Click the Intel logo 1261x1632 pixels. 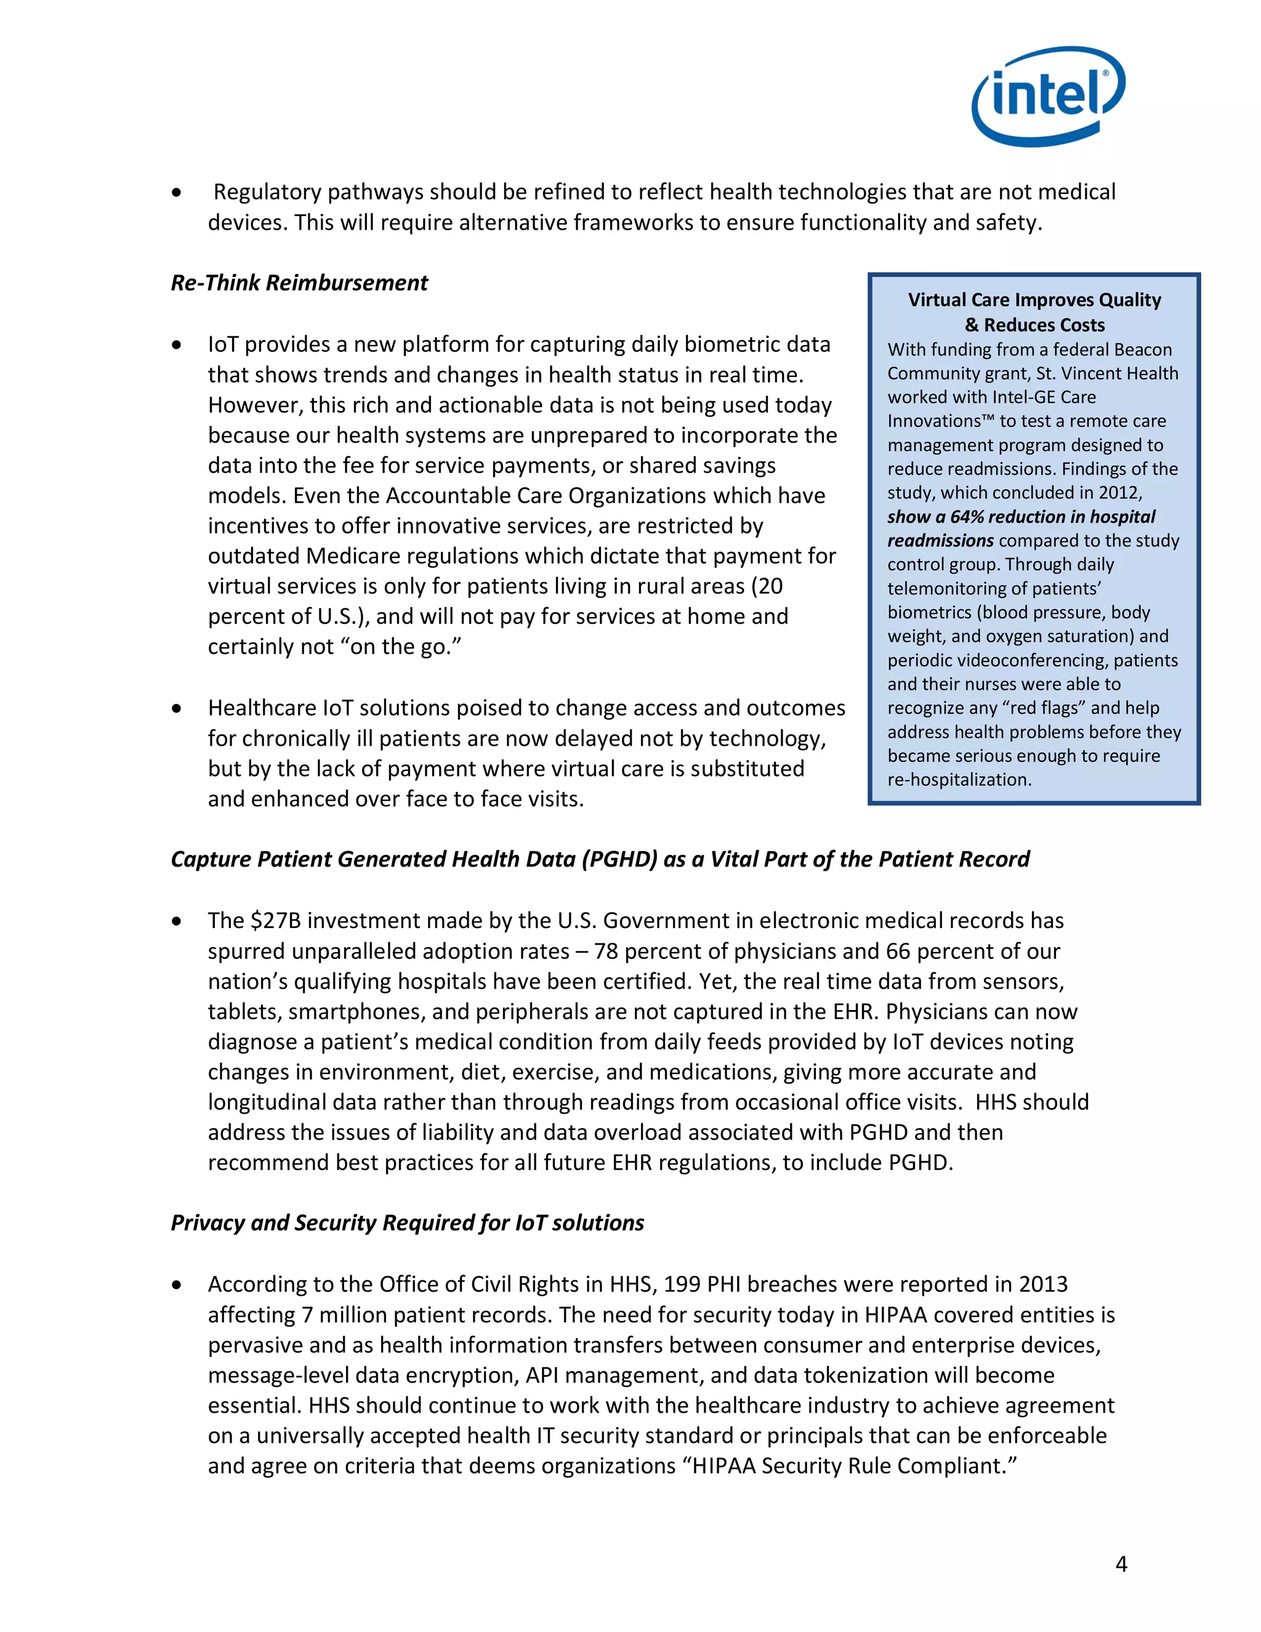pos(1047,97)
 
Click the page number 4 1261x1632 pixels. pos(1121,1564)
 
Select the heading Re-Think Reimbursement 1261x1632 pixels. pos(299,283)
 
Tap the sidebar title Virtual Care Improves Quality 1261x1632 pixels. pos(1034,301)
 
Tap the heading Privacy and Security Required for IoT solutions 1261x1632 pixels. pos(407,1223)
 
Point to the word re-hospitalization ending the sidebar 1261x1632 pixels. pos(959,780)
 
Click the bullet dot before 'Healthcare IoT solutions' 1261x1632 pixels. pos(176,708)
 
